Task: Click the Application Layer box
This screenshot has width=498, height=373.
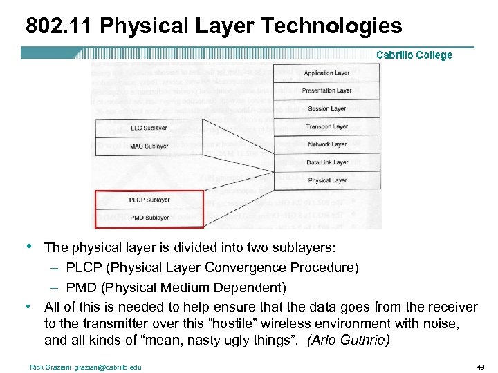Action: pos(327,73)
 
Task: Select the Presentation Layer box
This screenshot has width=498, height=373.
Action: pos(327,90)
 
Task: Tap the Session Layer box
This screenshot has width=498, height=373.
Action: pos(327,108)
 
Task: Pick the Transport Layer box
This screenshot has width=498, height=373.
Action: pos(327,126)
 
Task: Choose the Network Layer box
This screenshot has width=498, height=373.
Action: pos(327,144)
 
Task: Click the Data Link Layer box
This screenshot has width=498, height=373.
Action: pos(327,162)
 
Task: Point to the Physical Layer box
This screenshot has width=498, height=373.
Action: pos(327,180)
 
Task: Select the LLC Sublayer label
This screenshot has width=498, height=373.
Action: pos(149,128)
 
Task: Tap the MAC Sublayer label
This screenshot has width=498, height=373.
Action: pos(149,146)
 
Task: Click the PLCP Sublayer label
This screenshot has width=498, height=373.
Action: pos(149,200)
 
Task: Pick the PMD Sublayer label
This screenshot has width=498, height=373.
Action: pos(149,218)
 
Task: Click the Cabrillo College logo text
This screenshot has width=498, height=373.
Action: pos(414,55)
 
